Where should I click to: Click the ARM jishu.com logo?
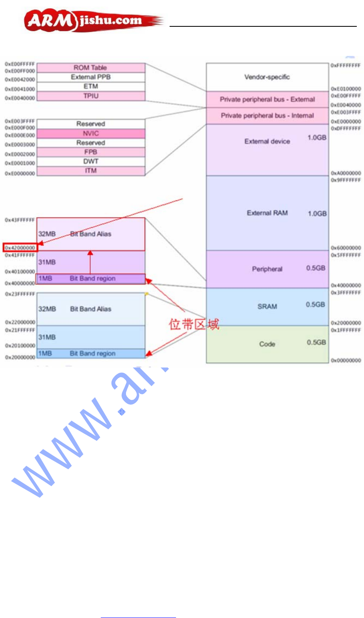point(92,21)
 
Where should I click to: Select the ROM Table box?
point(91,68)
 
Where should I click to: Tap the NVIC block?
point(91,133)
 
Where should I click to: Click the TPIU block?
point(91,96)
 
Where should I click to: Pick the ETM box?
point(91,86)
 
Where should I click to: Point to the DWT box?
point(91,161)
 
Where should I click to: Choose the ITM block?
point(91,171)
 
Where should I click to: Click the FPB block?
point(91,152)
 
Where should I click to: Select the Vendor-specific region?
point(267,77)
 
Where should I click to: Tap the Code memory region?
point(267,344)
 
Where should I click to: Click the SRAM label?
point(267,306)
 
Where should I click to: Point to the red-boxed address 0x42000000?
point(20,248)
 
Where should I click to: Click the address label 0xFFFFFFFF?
point(346,65)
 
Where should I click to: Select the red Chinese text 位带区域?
point(194,324)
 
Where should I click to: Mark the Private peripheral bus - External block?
point(267,99)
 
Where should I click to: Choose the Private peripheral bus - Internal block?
point(267,115)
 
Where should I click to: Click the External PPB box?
point(91,77)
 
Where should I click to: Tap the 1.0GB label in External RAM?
point(317,213)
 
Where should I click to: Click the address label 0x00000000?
point(346,360)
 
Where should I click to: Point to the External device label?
point(267,141)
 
